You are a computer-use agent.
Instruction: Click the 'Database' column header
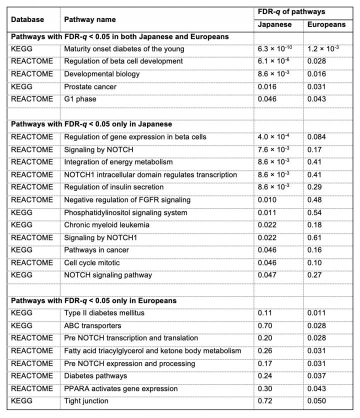click(x=27, y=19)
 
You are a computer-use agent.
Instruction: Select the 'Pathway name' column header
click(x=89, y=19)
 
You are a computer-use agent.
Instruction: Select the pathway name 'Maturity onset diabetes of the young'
click(x=124, y=49)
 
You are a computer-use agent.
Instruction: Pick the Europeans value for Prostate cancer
click(x=316, y=86)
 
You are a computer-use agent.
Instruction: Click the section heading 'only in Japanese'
click(x=91, y=124)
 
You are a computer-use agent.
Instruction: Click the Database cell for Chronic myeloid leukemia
click(x=22, y=225)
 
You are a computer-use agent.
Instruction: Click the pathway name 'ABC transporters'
click(x=92, y=325)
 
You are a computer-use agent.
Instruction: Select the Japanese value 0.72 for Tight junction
click(x=264, y=401)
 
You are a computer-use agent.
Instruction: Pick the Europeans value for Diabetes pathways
click(x=316, y=376)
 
